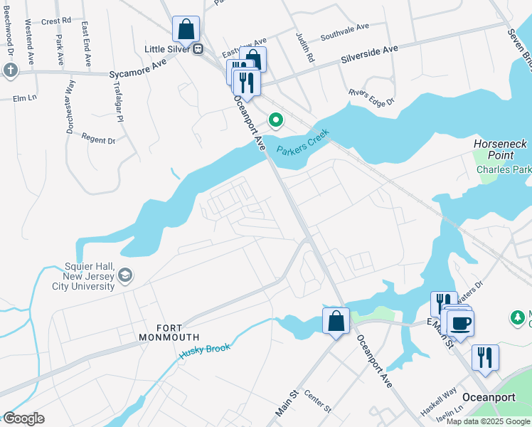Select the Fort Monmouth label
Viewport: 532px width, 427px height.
pos(169,331)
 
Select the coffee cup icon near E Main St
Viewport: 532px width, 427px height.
pos(460,323)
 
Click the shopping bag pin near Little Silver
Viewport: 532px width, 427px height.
pos(186,30)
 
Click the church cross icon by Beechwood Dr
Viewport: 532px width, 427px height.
pos(10,70)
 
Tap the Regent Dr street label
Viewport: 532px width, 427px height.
pos(98,139)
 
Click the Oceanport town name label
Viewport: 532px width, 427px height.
pos(489,397)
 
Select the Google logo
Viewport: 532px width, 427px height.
pos(23,418)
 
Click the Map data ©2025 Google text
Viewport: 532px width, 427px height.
pos(488,421)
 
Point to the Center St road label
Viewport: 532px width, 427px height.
pos(318,401)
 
